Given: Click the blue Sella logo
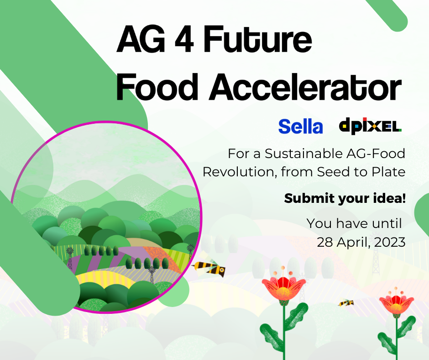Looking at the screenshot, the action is (300, 127).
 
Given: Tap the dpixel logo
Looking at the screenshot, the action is (370, 126).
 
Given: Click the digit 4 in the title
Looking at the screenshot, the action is (184, 39).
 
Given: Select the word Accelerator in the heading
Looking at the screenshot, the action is (305, 87).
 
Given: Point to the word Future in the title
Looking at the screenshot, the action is (257, 39).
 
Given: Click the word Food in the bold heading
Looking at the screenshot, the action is (157, 87).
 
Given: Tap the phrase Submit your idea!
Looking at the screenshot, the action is (345, 198).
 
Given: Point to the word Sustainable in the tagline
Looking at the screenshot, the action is (303, 154).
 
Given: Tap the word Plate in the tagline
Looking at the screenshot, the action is (388, 172).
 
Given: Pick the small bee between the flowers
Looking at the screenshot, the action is (346, 303).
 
